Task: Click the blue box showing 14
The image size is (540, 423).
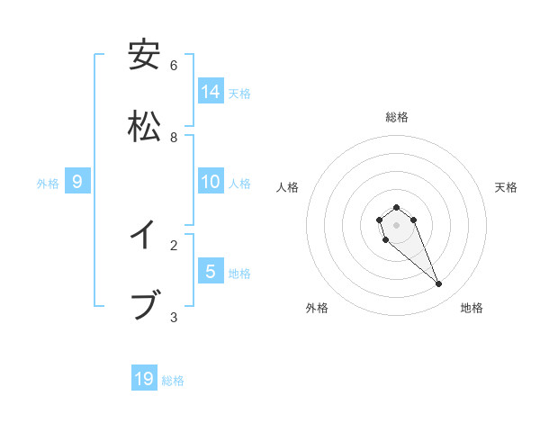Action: click(211, 91)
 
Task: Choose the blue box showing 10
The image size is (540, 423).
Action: click(211, 181)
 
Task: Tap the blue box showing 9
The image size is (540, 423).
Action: click(77, 182)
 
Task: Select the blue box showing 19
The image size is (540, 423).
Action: click(144, 379)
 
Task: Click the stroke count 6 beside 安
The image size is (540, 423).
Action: click(174, 66)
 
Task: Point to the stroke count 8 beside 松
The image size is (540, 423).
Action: click(174, 137)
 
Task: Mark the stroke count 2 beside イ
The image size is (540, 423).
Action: click(174, 245)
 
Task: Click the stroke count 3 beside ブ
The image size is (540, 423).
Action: click(174, 317)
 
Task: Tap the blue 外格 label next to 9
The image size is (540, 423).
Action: click(48, 184)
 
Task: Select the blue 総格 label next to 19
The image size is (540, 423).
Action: click(173, 381)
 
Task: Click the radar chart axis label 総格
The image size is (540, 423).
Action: click(397, 117)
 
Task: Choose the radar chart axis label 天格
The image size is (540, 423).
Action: click(506, 187)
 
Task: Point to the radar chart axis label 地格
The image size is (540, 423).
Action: click(472, 308)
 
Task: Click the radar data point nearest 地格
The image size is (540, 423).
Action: click(439, 284)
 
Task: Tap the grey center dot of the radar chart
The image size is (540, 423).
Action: click(396, 225)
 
